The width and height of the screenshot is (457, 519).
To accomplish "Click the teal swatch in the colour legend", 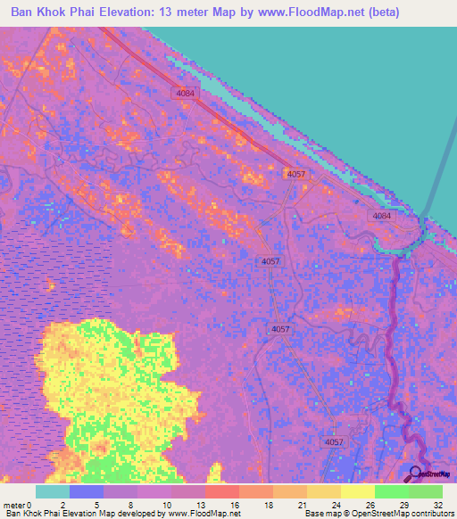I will tap(53, 491).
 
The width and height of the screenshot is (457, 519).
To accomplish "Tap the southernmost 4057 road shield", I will tap(333, 442).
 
